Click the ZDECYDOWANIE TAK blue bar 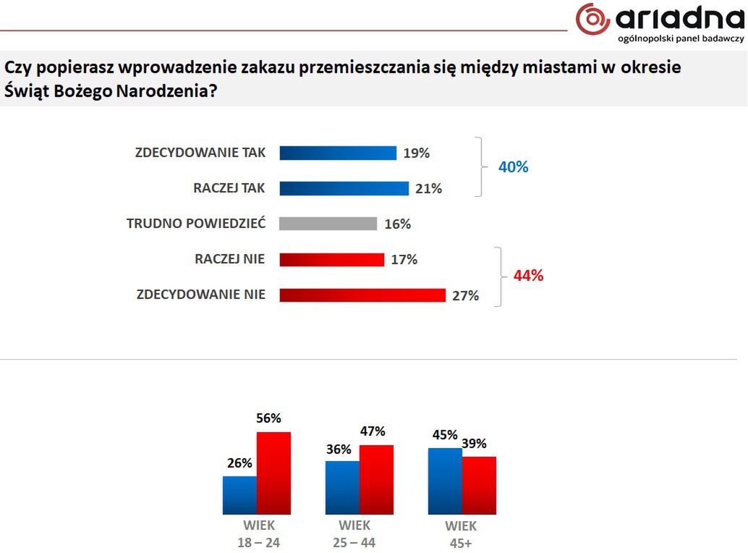(338, 153)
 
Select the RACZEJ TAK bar (344, 188)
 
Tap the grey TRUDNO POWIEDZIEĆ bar (328, 224)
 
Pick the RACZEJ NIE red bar (331, 259)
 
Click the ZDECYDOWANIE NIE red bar (362, 295)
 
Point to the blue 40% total (514, 167)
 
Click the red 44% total (528, 276)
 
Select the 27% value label (464, 295)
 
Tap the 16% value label (397, 224)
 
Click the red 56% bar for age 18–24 (273, 473)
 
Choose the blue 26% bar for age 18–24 (239, 495)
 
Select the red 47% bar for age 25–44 (376, 479)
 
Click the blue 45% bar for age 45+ (445, 481)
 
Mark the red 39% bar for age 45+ (479, 485)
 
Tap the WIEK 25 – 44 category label (354, 534)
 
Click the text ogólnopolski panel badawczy (680, 38)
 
